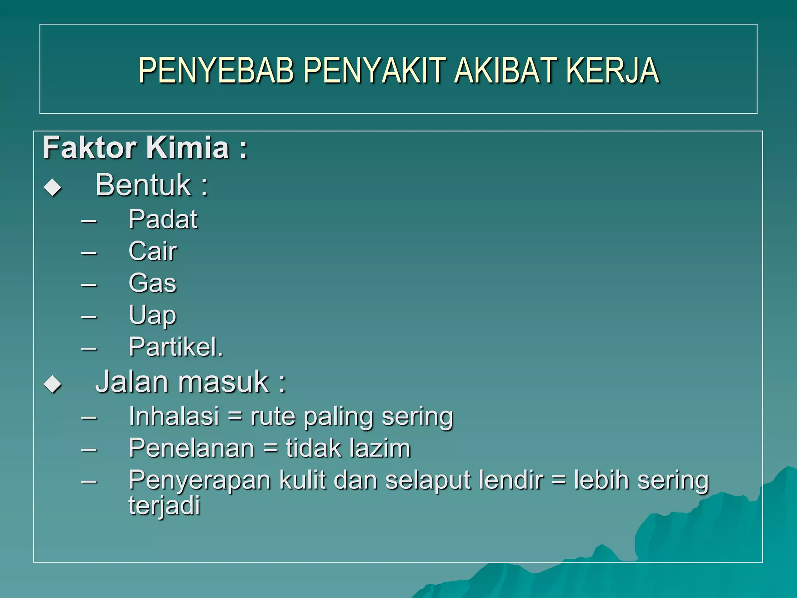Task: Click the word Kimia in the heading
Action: pos(188,148)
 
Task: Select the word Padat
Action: pos(163,219)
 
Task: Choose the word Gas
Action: pos(153,283)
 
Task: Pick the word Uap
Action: pos(153,315)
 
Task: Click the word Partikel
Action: pos(176,347)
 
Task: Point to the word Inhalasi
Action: pos(174,416)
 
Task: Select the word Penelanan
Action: pos(191,448)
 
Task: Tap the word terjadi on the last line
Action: pos(164,505)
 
